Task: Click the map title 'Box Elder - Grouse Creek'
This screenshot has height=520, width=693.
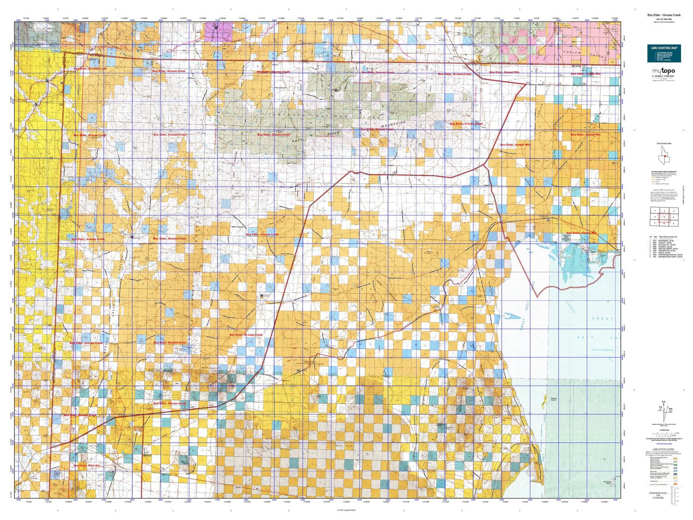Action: coord(664,15)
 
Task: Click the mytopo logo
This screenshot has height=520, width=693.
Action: coord(663,72)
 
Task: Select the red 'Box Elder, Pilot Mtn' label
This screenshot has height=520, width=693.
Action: coord(87,465)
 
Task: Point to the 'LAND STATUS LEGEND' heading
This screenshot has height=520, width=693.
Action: coord(663,449)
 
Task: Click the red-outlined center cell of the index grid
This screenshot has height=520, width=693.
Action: coord(664,216)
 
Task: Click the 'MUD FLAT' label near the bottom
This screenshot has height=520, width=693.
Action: coord(345,445)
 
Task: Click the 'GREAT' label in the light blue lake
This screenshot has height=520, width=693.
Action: coord(602,318)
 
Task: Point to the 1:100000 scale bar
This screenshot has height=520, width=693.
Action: coord(664,433)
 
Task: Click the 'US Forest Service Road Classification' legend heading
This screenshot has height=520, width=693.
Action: coord(664,171)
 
